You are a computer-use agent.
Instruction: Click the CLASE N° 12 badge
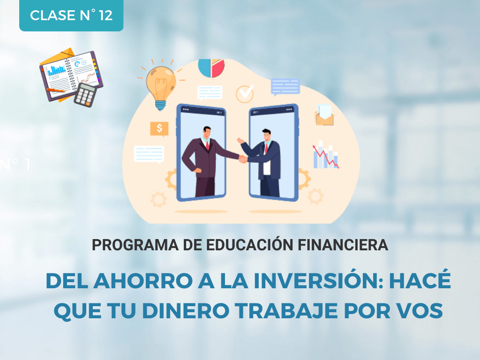(x=71, y=15)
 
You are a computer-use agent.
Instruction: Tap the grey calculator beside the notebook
(x=85, y=94)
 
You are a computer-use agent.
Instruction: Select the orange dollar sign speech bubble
(x=159, y=128)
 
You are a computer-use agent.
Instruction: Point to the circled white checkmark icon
(x=245, y=93)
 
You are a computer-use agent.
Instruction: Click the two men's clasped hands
(x=243, y=159)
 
